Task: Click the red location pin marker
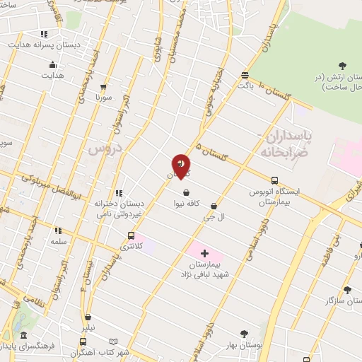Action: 181,166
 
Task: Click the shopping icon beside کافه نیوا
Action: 186,192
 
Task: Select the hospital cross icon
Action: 204,253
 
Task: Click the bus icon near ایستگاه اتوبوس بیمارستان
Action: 274,180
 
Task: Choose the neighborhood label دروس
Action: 105,149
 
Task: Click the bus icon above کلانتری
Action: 131,235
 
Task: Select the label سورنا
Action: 105,98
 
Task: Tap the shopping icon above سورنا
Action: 104,86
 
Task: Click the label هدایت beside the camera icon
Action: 57,75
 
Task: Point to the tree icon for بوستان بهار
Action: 244,333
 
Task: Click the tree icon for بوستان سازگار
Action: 346,290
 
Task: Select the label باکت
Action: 245,86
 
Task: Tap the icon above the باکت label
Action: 245,75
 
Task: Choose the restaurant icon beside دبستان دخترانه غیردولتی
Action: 118,192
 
